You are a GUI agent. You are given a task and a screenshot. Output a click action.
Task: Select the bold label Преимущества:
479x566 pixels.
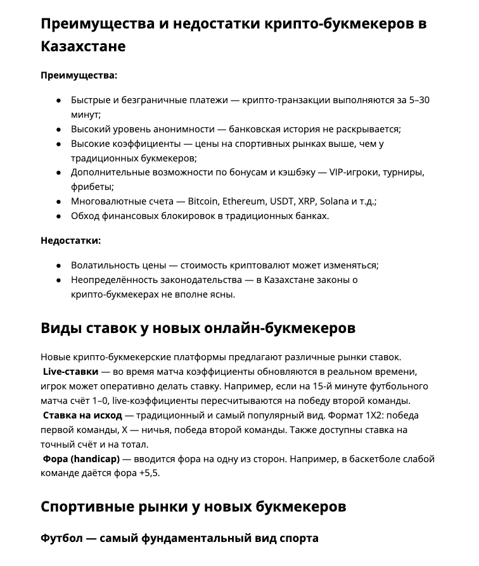pos(79,75)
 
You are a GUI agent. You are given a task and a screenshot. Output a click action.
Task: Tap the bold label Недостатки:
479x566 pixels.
pos(70,240)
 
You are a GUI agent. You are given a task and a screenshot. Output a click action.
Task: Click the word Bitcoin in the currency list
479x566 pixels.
pos(203,201)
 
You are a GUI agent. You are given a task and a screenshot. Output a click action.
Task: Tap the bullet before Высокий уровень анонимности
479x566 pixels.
pos(58,129)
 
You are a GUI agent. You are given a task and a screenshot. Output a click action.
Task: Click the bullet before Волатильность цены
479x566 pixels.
pos(58,265)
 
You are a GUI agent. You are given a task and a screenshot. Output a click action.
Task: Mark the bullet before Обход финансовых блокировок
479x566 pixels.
pos(58,216)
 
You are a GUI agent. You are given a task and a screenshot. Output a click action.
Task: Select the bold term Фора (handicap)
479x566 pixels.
pos(81,459)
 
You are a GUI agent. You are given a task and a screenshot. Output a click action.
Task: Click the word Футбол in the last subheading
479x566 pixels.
pos(61,538)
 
